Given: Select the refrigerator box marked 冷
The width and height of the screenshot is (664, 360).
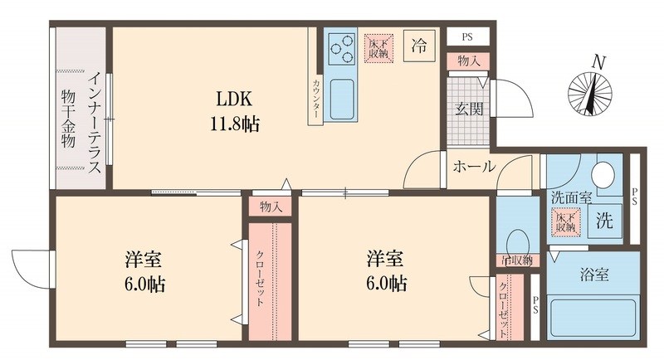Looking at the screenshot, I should pos(419,46).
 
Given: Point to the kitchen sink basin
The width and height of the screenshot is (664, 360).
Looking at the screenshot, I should pos(341,100).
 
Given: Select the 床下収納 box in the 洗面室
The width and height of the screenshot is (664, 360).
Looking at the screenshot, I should pos(568,221).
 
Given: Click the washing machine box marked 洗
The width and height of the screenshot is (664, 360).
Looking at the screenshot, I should pos(606,222).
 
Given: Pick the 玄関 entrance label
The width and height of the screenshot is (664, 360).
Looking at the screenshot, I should pos(467,108).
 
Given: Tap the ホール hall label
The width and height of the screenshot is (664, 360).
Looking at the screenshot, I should pos(474,167).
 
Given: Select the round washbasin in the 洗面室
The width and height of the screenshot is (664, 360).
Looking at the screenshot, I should pos(603,175).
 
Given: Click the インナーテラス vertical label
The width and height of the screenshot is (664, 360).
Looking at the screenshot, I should pos(95,123).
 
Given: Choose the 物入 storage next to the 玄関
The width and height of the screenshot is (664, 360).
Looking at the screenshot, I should pos(467,61).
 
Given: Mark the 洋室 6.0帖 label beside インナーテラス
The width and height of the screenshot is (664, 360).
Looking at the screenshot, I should pos(144,271).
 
